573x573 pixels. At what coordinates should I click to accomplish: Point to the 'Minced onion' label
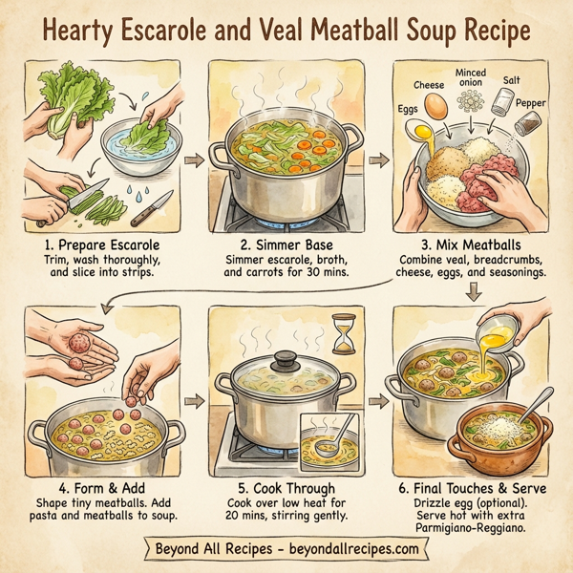(471, 77)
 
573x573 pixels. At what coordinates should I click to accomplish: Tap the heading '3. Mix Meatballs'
(474, 245)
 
